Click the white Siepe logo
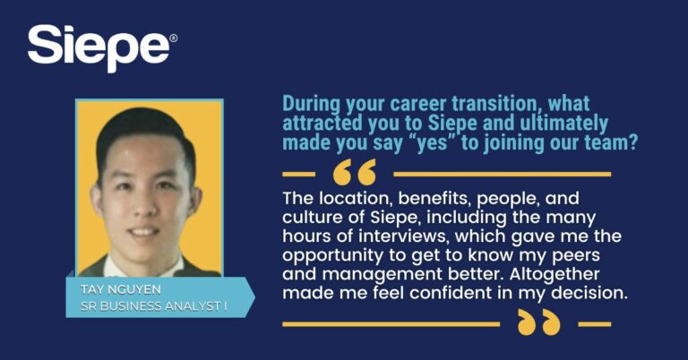(99, 47)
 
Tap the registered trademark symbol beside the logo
(173, 39)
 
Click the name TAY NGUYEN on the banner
(121, 289)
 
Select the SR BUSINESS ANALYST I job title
(153, 306)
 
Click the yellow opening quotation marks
(355, 172)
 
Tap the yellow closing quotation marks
(538, 322)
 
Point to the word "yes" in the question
(432, 144)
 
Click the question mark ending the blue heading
(632, 142)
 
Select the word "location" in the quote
(356, 199)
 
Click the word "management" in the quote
(382, 275)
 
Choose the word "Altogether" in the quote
(555, 274)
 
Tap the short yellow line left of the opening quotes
(299, 174)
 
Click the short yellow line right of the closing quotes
(595, 324)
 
